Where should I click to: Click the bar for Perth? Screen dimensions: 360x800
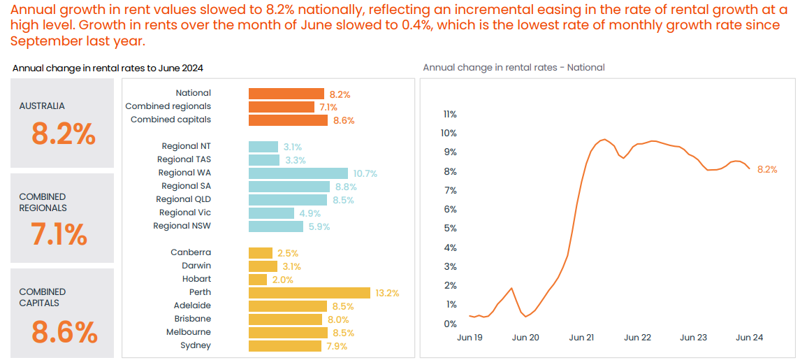pyautogui.click(x=310, y=292)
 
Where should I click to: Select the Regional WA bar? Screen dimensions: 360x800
pyautogui.click(x=298, y=173)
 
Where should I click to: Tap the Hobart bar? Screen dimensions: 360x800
pyautogui.click(x=258, y=279)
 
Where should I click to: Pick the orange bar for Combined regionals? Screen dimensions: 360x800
pyautogui.click(x=282, y=106)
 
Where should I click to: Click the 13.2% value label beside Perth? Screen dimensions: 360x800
pyautogui.click(x=387, y=293)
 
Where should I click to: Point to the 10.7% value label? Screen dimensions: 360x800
pyautogui.click(x=365, y=173)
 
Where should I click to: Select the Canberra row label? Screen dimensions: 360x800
pyautogui.click(x=191, y=252)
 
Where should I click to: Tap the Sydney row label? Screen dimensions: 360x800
pyautogui.click(x=196, y=345)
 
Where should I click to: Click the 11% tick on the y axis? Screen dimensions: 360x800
pyautogui.click(x=450, y=114)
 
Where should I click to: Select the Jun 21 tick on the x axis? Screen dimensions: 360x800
pyautogui.click(x=581, y=338)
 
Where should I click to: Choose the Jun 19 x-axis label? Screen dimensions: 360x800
pyautogui.click(x=470, y=338)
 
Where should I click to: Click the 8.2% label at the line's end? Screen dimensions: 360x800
pyautogui.click(x=767, y=169)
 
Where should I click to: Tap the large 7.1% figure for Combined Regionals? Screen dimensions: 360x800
pyautogui.click(x=59, y=234)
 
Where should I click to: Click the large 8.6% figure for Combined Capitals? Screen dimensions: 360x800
pyautogui.click(x=64, y=333)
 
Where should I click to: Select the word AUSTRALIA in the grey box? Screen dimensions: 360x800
pyautogui.click(x=42, y=106)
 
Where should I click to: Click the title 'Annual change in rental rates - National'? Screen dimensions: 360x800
pyautogui.click(x=514, y=68)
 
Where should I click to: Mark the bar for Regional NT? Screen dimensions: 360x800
pyautogui.click(x=264, y=146)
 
